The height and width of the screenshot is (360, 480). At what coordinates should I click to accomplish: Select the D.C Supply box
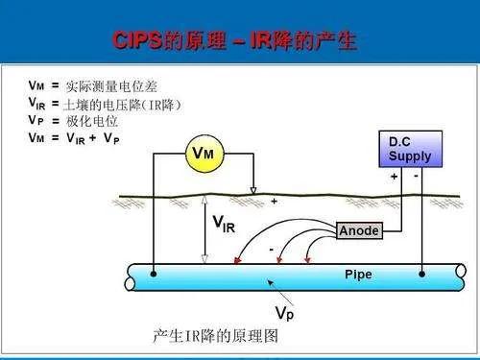410,150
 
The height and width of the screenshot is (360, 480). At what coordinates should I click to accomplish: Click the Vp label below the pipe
285,313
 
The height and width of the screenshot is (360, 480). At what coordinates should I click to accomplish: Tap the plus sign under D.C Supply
394,178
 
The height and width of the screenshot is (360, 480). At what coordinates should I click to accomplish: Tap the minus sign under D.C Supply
417,178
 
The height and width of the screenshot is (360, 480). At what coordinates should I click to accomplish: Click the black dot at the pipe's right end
423,275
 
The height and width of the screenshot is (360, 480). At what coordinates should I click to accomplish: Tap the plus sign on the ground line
274,203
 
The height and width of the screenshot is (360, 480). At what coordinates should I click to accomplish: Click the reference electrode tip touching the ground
253,191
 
